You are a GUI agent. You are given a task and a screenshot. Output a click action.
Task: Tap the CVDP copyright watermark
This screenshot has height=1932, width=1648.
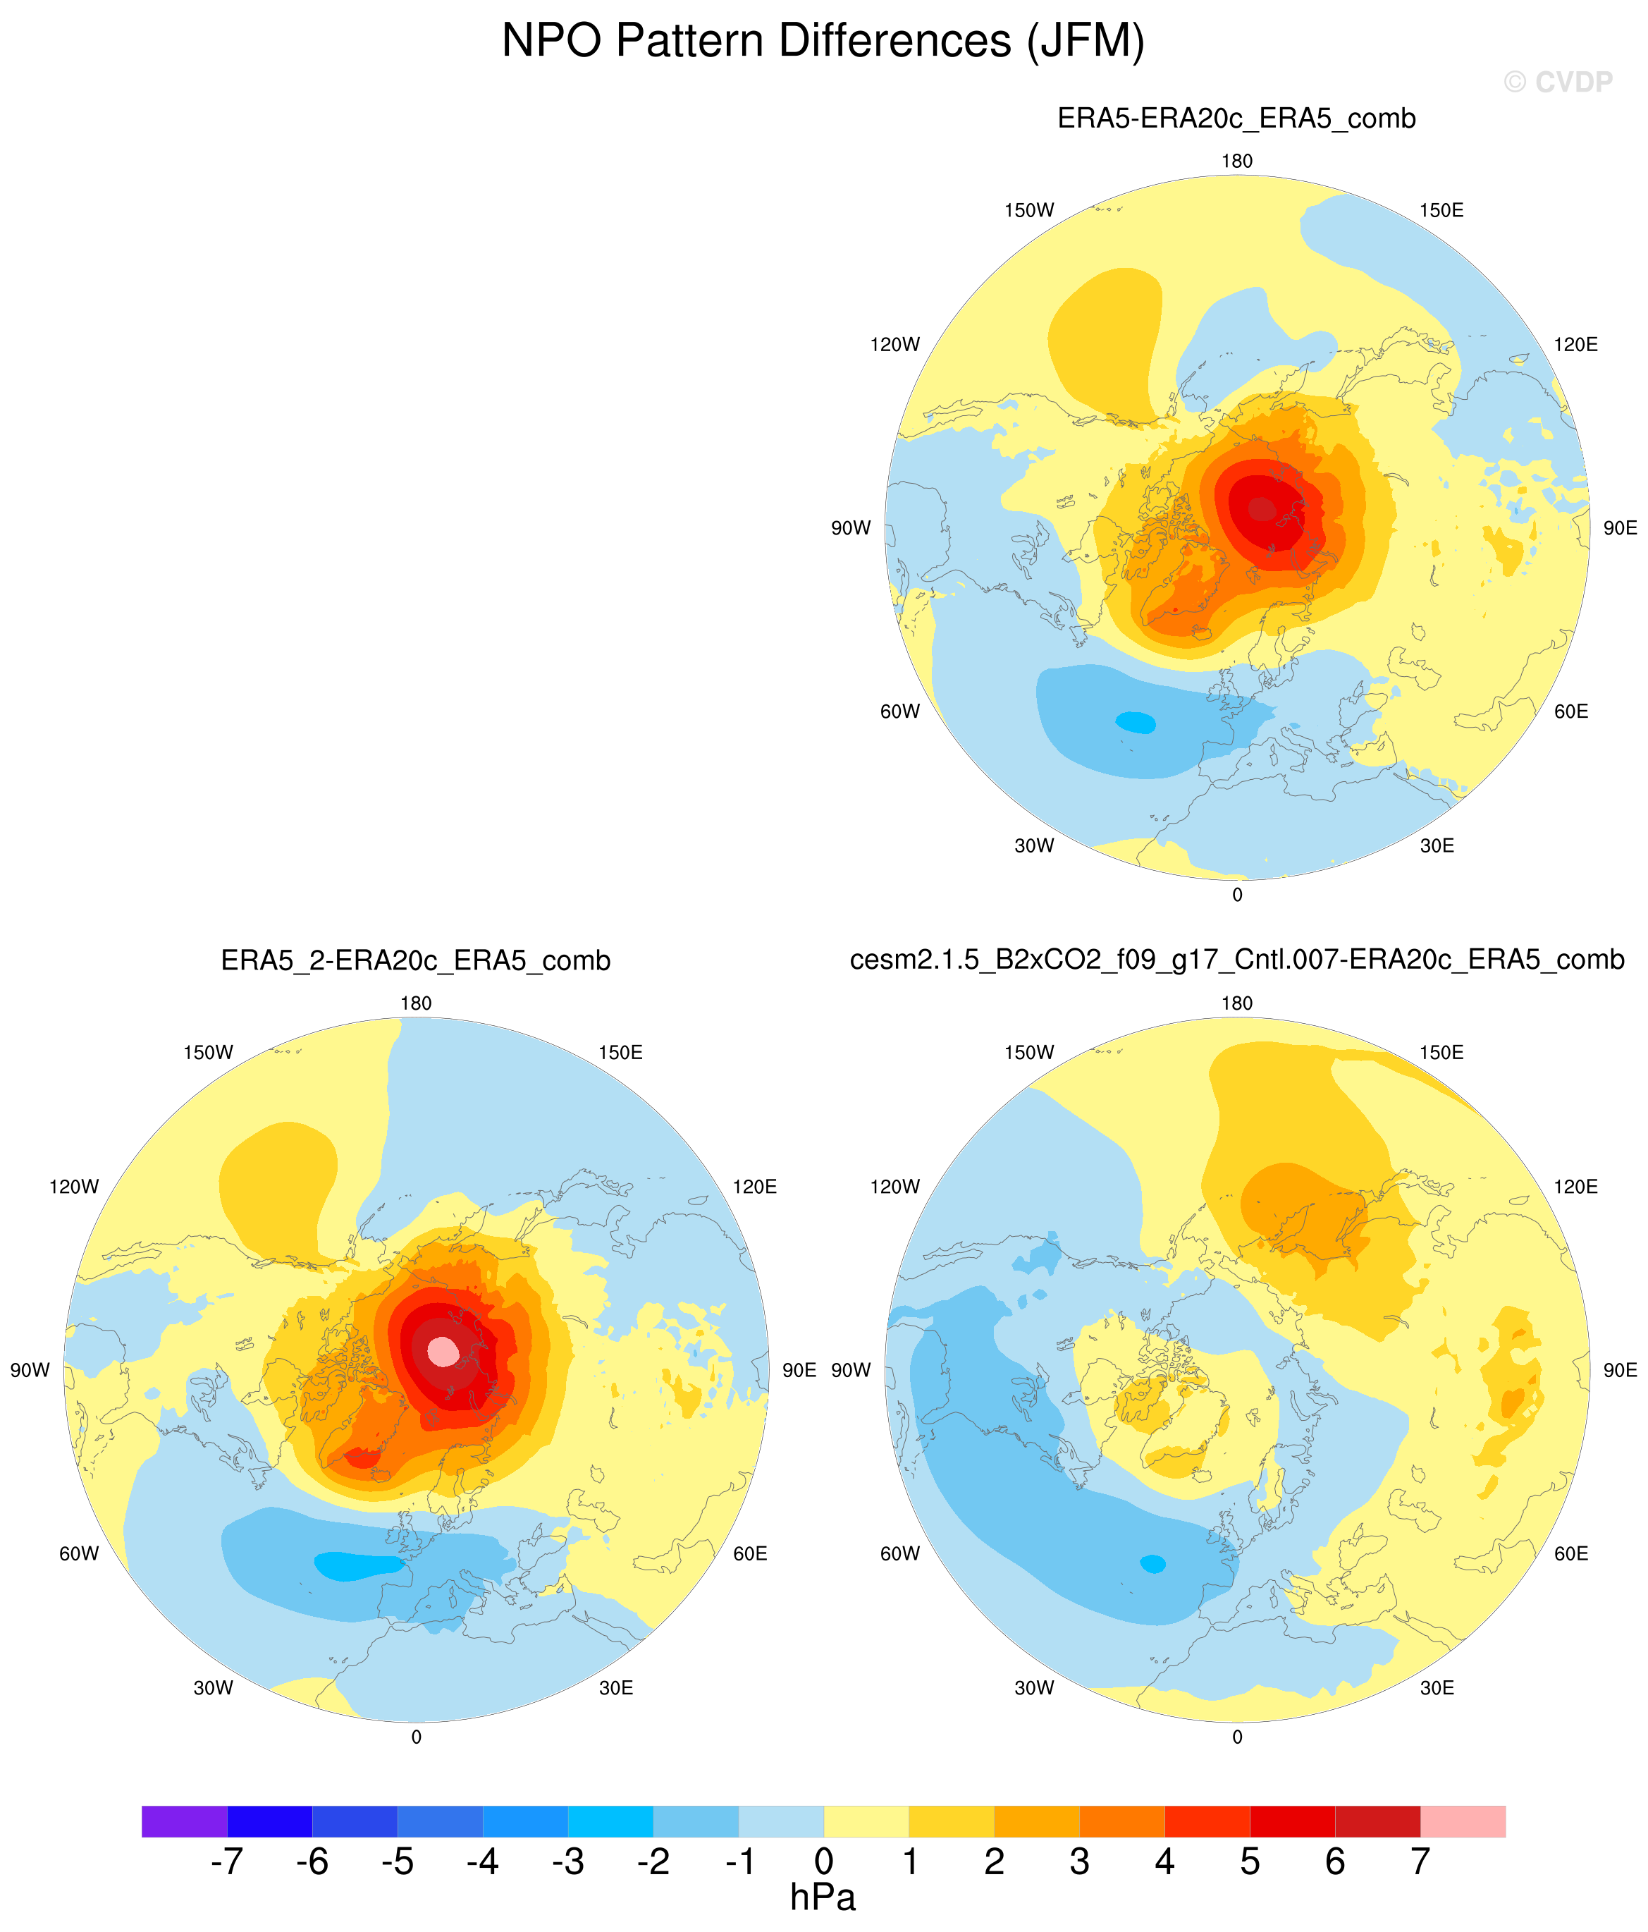1558,83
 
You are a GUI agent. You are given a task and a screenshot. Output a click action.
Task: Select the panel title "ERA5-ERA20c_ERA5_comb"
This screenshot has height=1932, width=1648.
1236,118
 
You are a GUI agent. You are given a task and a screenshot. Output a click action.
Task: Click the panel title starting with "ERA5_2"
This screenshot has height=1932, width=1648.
416,960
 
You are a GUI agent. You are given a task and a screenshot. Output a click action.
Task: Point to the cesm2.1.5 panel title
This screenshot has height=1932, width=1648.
1237,960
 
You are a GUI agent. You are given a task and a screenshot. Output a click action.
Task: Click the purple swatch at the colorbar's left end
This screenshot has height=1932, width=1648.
185,1821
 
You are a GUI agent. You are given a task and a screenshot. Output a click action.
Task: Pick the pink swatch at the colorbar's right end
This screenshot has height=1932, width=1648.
1463,1821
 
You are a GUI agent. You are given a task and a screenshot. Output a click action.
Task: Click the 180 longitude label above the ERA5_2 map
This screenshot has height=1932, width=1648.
416,1003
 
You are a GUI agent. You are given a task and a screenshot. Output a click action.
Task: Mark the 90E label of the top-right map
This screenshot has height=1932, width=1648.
1620,527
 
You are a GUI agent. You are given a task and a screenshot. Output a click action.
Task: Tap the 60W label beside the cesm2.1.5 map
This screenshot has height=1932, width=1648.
899,1553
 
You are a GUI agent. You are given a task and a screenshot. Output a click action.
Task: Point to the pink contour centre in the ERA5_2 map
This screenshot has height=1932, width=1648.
443,1351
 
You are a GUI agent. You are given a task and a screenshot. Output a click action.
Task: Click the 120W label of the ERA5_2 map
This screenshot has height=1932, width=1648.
73,1187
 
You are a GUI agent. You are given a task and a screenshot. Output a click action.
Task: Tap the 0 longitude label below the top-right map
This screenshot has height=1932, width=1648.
1237,895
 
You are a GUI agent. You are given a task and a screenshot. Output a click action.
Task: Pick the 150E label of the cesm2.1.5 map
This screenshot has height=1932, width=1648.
1441,1053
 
